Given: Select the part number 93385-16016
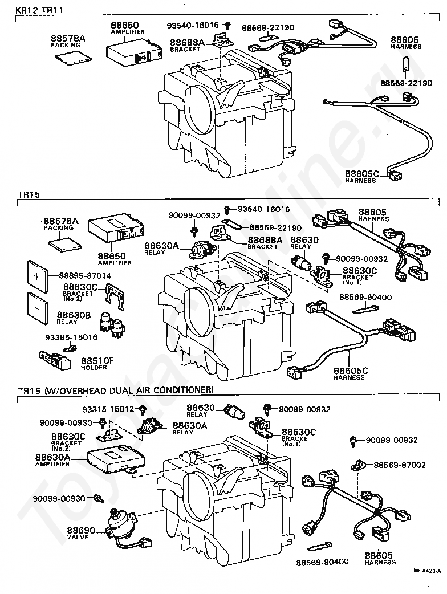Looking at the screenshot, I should [x=71, y=337].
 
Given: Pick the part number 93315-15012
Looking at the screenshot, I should [x=107, y=409].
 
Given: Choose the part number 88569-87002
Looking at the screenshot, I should [x=400, y=465].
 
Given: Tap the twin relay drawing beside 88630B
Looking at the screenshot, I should [x=111, y=323].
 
